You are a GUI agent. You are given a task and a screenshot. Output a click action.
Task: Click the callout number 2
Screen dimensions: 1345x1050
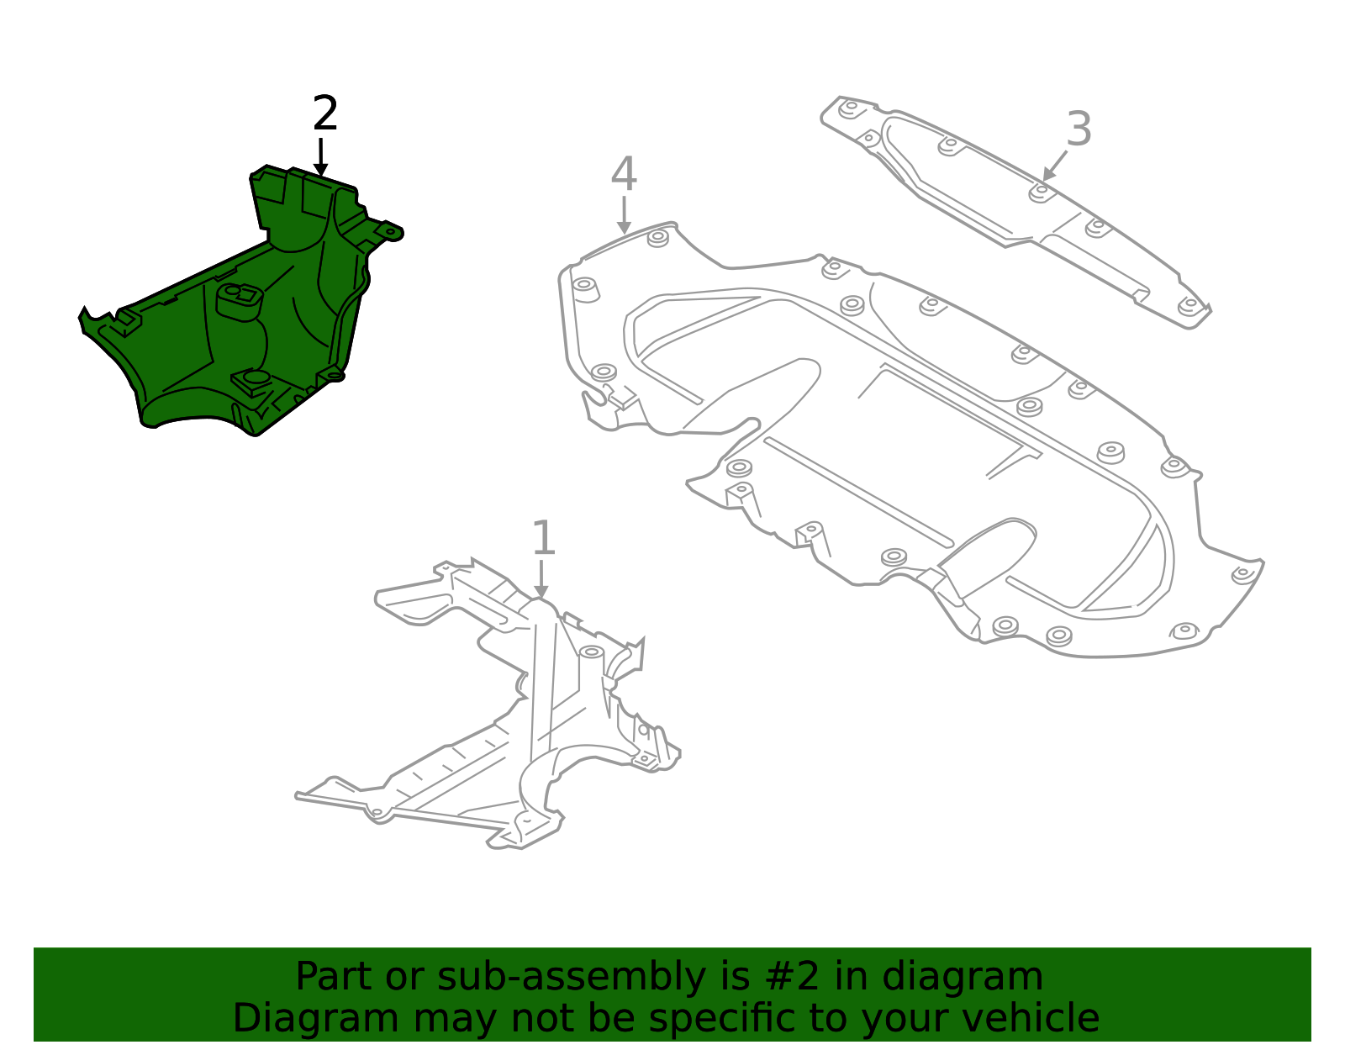[x=325, y=113]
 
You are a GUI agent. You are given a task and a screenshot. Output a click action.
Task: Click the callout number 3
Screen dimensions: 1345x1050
[x=1079, y=129]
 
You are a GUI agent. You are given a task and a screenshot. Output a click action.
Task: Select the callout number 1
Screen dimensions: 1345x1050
[x=543, y=537]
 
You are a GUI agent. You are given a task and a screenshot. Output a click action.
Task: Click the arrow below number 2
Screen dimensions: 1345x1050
[x=320, y=157]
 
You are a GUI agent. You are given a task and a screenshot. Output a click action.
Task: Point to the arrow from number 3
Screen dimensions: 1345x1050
[x=1055, y=166]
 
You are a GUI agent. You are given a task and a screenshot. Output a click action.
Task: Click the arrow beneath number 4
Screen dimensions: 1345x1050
[x=624, y=215]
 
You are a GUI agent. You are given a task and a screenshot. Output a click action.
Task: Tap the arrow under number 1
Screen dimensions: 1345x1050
[x=541, y=579]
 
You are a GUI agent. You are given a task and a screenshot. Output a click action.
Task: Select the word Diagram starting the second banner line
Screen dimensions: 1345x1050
[x=316, y=1019]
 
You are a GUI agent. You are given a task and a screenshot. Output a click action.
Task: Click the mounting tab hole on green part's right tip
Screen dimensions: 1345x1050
[x=391, y=231]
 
